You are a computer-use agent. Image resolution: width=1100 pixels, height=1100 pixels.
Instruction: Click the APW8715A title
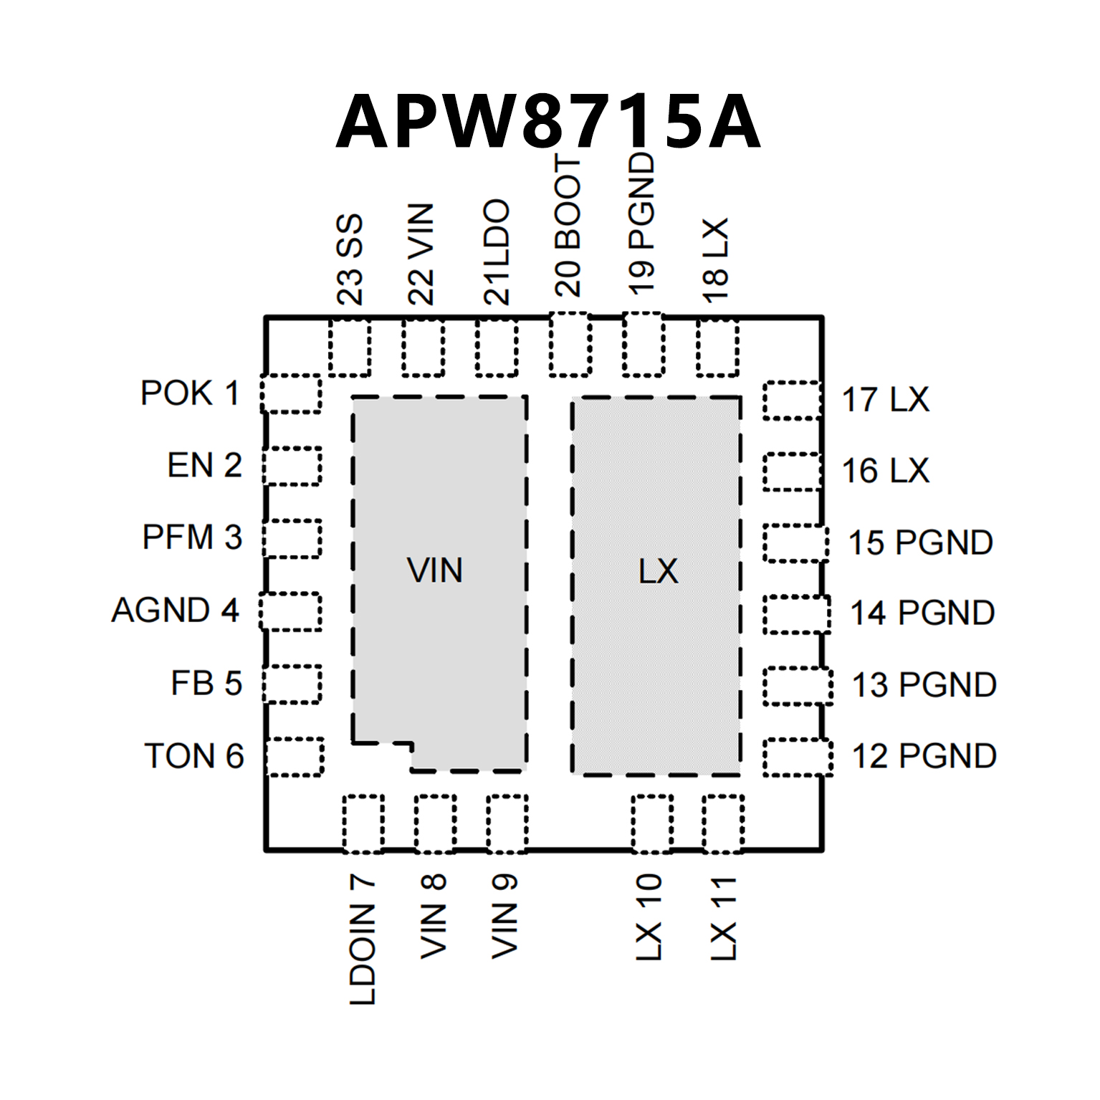548,122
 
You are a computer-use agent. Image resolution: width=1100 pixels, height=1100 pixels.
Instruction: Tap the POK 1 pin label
190,393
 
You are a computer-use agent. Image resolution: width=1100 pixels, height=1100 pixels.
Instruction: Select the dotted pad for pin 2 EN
292,466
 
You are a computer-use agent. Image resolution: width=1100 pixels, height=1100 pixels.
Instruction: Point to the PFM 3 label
192,537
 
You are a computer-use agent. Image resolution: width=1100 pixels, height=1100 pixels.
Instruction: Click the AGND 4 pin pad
290,611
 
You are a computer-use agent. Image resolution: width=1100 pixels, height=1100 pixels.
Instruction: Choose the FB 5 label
206,683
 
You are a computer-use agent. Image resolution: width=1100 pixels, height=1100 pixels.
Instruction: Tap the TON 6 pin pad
295,757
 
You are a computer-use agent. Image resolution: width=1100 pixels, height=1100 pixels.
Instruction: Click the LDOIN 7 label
363,939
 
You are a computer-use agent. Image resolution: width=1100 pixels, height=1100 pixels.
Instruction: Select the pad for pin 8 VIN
434,823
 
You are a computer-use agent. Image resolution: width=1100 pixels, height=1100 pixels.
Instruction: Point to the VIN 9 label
504,916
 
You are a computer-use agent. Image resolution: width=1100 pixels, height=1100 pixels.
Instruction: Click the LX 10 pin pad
651,823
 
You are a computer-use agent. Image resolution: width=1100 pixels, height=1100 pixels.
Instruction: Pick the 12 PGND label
924,756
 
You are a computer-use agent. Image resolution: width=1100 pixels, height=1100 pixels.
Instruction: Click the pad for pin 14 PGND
796,614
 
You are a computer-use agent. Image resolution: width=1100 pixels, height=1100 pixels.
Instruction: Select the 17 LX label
885,400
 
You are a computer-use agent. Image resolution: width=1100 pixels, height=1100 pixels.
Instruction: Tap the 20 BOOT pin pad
570,345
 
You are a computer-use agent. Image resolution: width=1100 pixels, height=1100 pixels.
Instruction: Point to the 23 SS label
350,259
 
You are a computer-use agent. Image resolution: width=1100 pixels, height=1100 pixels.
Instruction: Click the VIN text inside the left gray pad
435,570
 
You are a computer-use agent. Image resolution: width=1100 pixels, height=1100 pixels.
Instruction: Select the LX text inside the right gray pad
658,571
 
